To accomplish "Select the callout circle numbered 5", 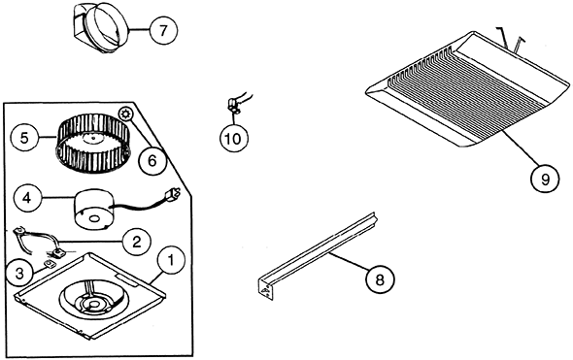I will [25, 137].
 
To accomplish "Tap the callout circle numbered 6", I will [151, 160].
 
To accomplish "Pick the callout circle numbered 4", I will [28, 199].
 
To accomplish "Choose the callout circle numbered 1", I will [171, 260].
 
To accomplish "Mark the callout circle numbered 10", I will [233, 139].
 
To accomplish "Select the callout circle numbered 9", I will [545, 178].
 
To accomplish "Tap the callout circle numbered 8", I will [380, 278].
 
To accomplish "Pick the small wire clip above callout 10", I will [233, 100].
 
